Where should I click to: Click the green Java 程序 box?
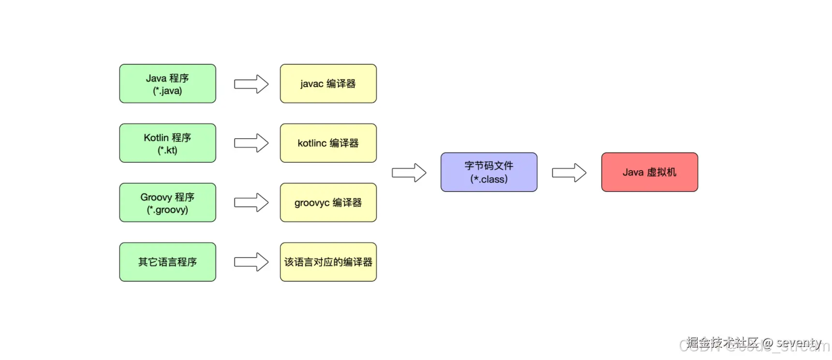[167, 83]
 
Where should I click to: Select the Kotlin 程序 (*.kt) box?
[167, 143]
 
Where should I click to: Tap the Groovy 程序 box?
[167, 202]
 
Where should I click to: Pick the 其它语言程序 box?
[167, 262]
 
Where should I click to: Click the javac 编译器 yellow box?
[328, 83]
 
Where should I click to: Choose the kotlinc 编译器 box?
[328, 143]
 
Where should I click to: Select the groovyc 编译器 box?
[328, 202]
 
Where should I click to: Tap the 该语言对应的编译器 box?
[328, 262]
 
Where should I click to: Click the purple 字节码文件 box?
[489, 172]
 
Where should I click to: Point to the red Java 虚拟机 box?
[649, 172]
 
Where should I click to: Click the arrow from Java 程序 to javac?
[251, 84]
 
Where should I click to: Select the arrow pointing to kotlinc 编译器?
[251, 143]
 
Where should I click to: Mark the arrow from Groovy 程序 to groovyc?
[251, 203]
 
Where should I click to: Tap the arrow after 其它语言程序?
[251, 262]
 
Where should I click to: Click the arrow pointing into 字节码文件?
[409, 173]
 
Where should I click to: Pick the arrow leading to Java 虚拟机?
[569, 173]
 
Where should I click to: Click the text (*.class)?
[489, 179]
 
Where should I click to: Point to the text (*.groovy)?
[167, 210]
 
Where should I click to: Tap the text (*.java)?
[167, 91]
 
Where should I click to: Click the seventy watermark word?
[799, 343]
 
